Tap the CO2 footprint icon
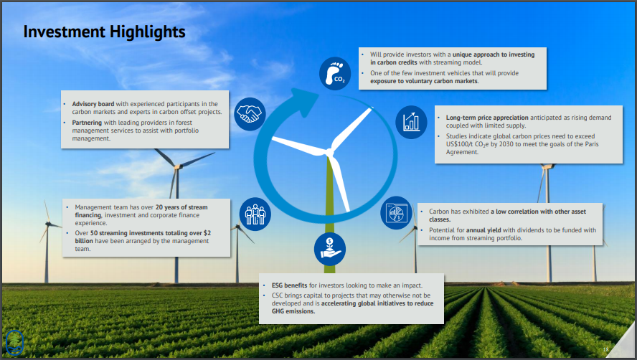[x=335, y=74]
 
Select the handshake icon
[x=250, y=114]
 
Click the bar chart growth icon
[x=411, y=123]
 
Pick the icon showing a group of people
[x=255, y=214]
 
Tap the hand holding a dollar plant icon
[x=330, y=249]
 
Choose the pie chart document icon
[x=397, y=213]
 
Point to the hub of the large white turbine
[x=329, y=153]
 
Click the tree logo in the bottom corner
[x=14, y=343]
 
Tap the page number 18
[x=605, y=349]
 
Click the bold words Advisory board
[x=93, y=104]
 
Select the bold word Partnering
[x=87, y=123]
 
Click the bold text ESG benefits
[x=289, y=285]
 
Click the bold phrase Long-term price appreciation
[x=487, y=118]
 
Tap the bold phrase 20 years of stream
[x=181, y=207]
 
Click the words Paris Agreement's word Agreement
[x=462, y=152]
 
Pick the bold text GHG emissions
[x=293, y=311]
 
